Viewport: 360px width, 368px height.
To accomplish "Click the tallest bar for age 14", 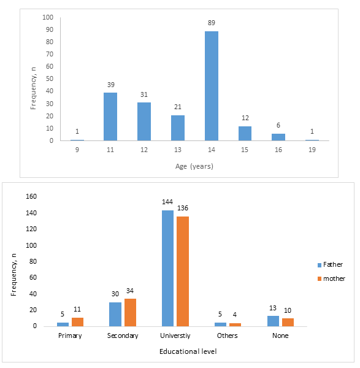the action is (x=212, y=86).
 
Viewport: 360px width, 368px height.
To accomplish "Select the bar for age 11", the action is (x=110, y=117).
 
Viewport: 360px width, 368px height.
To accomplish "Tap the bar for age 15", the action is (x=245, y=134).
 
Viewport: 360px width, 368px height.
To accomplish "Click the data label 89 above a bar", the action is (x=211, y=23).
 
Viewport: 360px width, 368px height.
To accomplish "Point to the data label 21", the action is (x=178, y=107).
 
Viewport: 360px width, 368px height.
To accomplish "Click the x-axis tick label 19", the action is (x=312, y=150).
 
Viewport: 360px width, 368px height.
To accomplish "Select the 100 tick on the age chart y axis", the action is (x=48, y=17).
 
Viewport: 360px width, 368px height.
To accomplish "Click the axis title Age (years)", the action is (x=194, y=166).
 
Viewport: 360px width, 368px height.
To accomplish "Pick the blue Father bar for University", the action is (x=168, y=268).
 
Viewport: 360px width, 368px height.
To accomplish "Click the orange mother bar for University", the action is (x=183, y=272).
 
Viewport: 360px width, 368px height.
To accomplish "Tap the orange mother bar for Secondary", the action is (x=130, y=313).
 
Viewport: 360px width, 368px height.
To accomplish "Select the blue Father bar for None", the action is (x=273, y=321).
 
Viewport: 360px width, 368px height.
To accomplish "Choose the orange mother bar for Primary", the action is (x=77, y=322).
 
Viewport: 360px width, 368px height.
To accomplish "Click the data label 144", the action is (x=167, y=202).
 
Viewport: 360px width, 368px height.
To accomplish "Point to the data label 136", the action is (x=183, y=208).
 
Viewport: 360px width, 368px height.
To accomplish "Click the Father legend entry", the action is (x=330, y=265).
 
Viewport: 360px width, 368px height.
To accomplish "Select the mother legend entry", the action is (x=331, y=278).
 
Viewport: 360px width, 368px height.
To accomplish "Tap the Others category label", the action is (x=227, y=335).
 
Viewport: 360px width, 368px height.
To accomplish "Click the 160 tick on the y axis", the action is (x=31, y=196).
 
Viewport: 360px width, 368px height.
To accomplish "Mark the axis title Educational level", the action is (x=188, y=351).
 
